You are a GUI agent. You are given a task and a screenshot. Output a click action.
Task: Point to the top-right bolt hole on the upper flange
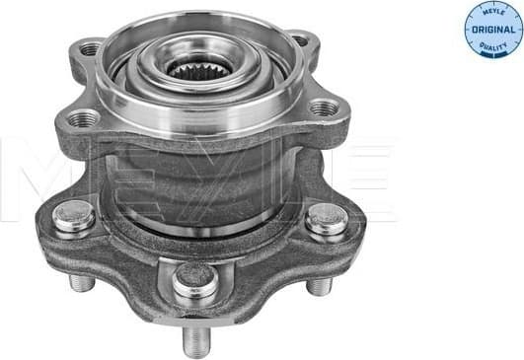pos(299,40)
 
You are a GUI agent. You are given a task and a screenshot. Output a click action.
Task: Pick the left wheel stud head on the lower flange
pos(74,217)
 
